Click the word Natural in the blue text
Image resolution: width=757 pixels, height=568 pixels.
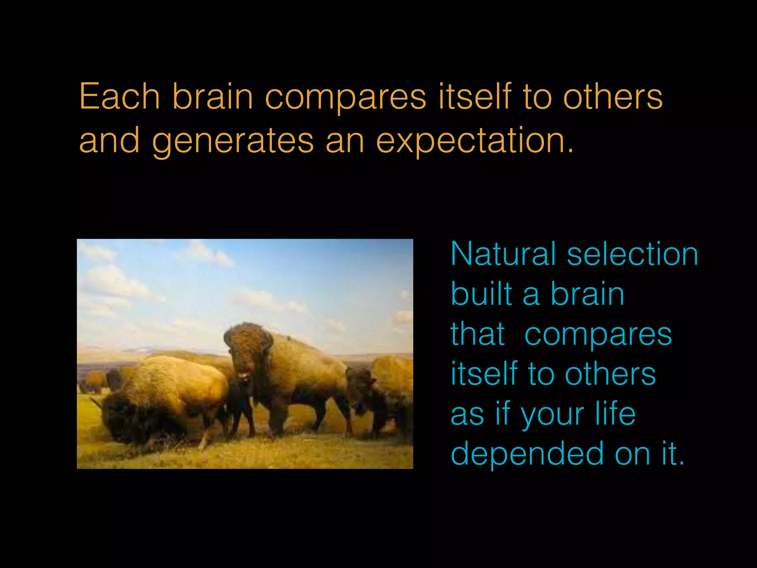click(503, 254)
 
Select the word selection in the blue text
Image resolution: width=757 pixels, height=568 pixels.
click(632, 254)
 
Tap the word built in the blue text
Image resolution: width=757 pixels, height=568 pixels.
click(481, 294)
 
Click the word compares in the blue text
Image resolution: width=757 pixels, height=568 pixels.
click(598, 335)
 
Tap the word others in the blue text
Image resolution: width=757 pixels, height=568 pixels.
click(610, 374)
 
